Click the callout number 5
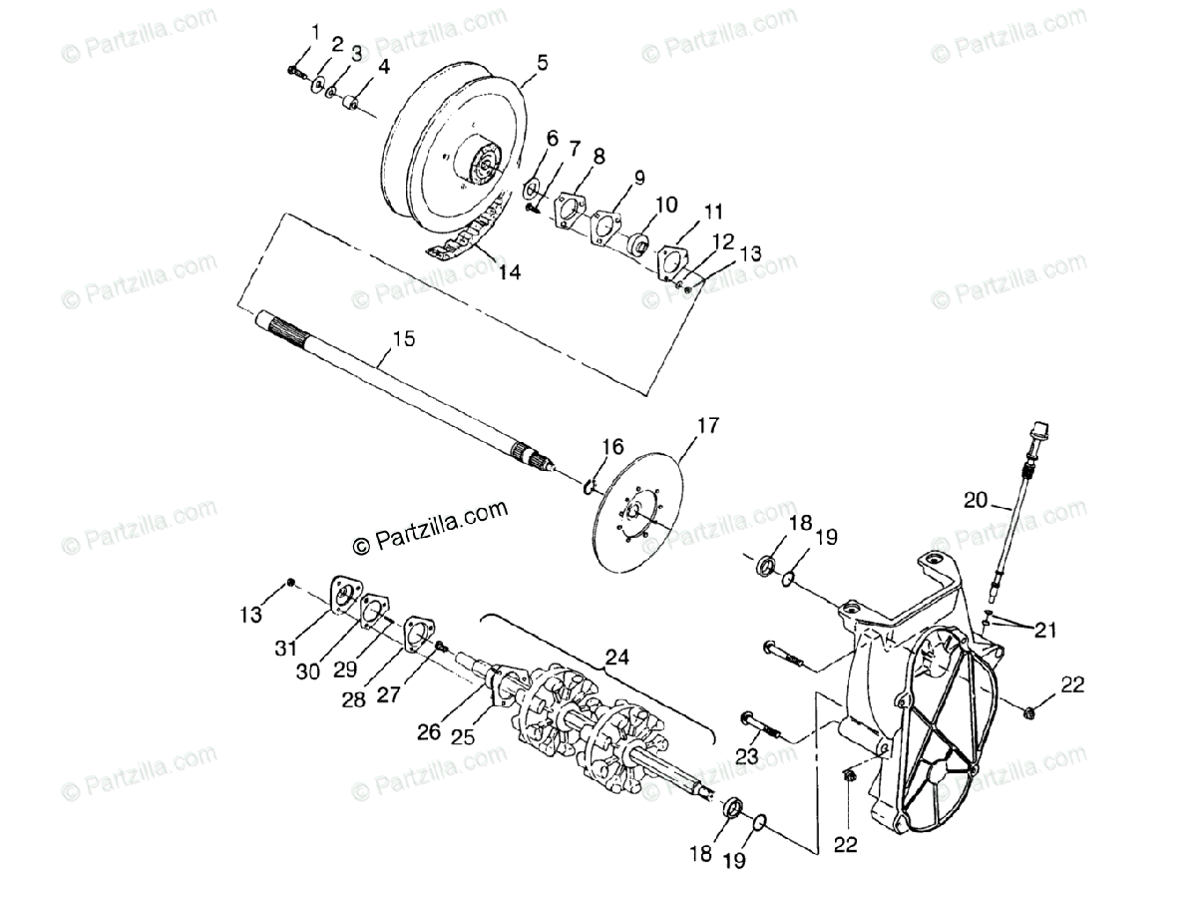[543, 62]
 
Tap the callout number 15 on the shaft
[403, 340]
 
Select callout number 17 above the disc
[706, 426]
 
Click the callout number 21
[1044, 631]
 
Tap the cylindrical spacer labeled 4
[351, 103]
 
